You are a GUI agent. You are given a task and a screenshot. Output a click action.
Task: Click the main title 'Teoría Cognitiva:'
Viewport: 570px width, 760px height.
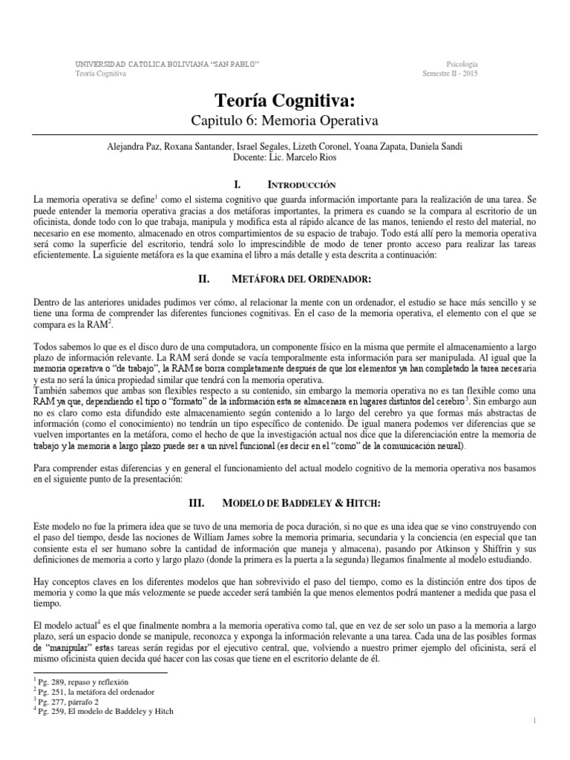(x=285, y=101)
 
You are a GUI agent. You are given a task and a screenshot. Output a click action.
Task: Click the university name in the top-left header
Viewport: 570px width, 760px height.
(x=167, y=65)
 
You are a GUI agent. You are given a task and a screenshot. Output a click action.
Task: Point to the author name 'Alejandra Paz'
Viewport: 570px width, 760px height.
(x=133, y=148)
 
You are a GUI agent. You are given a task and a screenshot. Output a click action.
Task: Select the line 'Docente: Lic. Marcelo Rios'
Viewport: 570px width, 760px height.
(x=285, y=158)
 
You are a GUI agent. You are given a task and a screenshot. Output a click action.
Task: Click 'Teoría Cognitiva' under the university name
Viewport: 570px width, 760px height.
(x=100, y=73)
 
